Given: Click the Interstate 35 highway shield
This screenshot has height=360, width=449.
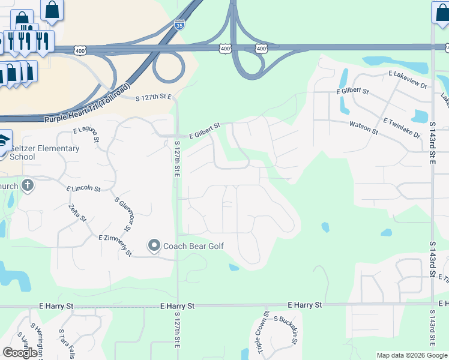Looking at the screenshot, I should [x=179, y=25].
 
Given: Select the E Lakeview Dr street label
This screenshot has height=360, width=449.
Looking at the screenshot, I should [x=408, y=80].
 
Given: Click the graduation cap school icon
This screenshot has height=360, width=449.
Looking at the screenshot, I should [x=4, y=139].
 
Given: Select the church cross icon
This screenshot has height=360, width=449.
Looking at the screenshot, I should [x=27, y=185].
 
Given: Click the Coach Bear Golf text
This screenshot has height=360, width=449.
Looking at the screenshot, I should [x=194, y=246].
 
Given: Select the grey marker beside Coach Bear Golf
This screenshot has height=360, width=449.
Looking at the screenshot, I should [x=154, y=245].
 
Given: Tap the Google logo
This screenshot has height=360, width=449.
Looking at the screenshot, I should [x=20, y=353].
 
